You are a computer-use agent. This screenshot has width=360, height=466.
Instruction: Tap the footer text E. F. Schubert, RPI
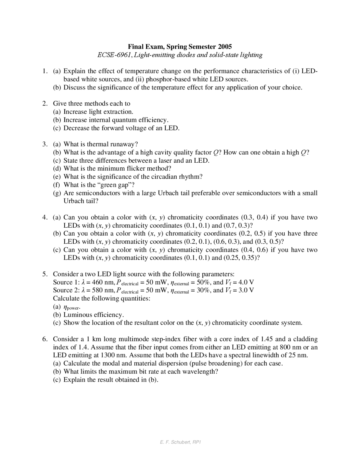180,442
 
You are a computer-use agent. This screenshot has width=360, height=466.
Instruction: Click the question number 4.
44,217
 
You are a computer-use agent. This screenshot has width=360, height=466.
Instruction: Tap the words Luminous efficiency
93,315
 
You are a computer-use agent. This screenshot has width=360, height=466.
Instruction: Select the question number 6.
44,339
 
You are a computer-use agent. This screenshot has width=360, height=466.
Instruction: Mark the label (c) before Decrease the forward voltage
57,128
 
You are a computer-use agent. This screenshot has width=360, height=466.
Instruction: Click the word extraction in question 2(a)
118,112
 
